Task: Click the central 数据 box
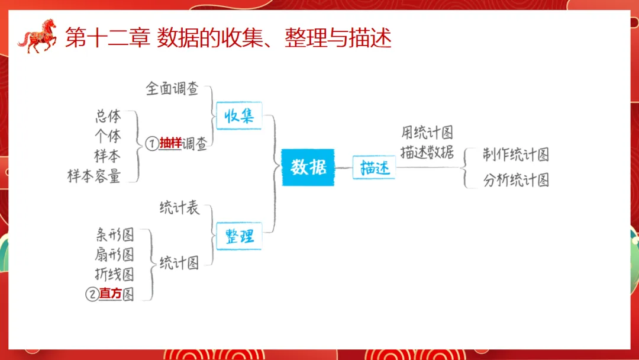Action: pyautogui.click(x=308, y=168)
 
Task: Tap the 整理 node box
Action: pyautogui.click(x=238, y=236)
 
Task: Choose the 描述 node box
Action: pyautogui.click(x=374, y=168)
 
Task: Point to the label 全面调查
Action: pyautogui.click(x=172, y=89)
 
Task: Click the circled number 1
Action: pyautogui.click(x=151, y=143)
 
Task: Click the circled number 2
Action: pyautogui.click(x=92, y=294)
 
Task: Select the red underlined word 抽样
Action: pyautogui.click(x=170, y=143)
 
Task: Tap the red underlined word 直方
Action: pyautogui.click(x=110, y=294)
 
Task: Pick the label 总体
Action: pyautogui.click(x=108, y=116)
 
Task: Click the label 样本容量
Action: pyautogui.click(x=94, y=176)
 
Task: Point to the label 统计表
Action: pyautogui.click(x=179, y=208)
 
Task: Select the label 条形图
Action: pyautogui.click(x=115, y=234)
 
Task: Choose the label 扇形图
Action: pyautogui.click(x=115, y=255)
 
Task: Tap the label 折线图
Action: pyautogui.click(x=115, y=274)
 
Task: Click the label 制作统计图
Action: pyautogui.click(x=515, y=155)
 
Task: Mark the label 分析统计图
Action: pyautogui.click(x=515, y=180)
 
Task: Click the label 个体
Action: pyautogui.click(x=108, y=136)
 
